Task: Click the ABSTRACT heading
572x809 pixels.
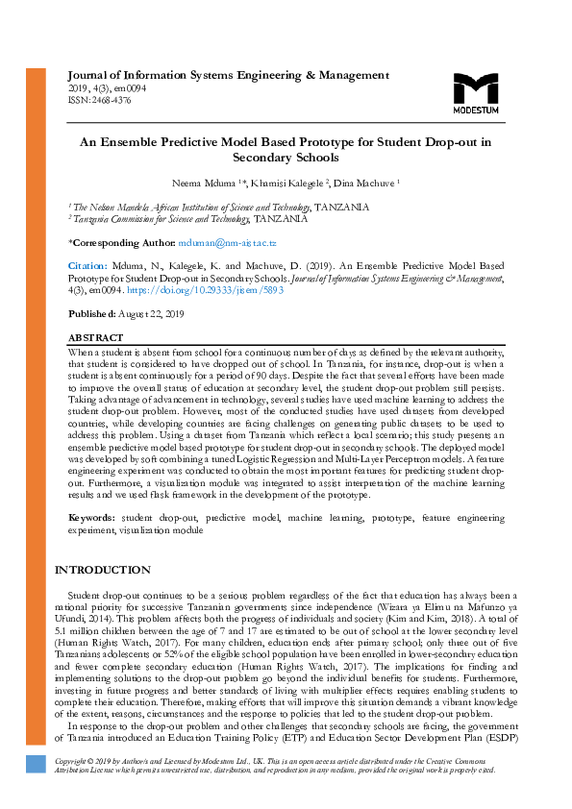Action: [95, 338]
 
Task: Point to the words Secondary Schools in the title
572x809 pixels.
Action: [286, 158]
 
